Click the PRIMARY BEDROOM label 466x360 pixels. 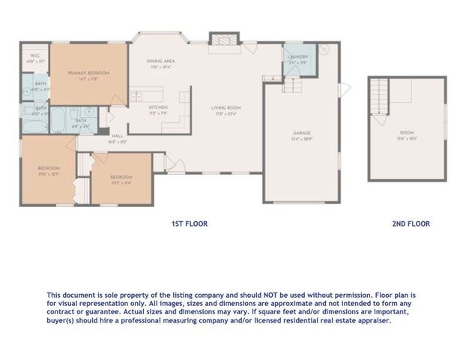pyautogui.click(x=88, y=73)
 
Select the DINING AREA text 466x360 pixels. pyautogui.click(x=160, y=62)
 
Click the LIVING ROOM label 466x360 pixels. pyautogui.click(x=226, y=106)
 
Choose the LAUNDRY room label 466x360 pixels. pyautogui.click(x=297, y=56)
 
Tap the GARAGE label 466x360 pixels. pyautogui.click(x=302, y=133)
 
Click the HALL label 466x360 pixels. pyautogui.click(x=118, y=136)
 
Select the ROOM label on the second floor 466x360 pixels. pyautogui.click(x=407, y=133)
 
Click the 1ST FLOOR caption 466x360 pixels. pyautogui.click(x=190, y=223)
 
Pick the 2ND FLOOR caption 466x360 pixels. pyautogui.click(x=411, y=223)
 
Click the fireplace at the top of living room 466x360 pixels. pyautogui.click(x=221, y=41)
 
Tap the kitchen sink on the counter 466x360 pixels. pyautogui.click(x=137, y=95)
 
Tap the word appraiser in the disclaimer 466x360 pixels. pyautogui.click(x=370, y=319)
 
